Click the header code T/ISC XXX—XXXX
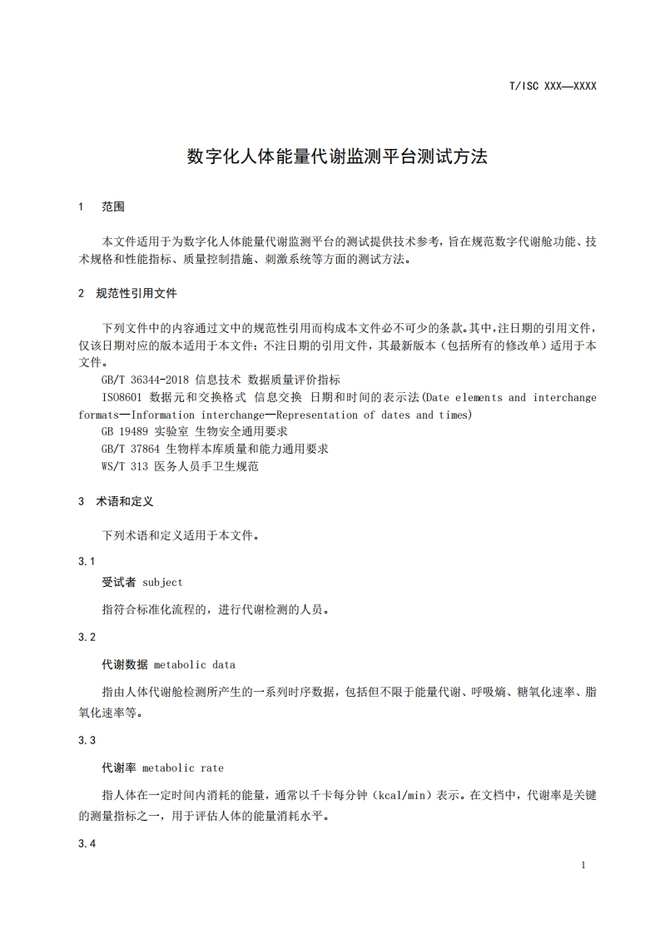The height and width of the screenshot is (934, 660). click(552, 86)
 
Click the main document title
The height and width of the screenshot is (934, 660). click(336, 156)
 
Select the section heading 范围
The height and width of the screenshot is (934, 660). click(113, 206)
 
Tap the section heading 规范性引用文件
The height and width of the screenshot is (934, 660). click(136, 293)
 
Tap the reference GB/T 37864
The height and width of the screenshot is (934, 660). click(131, 450)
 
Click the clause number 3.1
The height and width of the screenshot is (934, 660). click(87, 561)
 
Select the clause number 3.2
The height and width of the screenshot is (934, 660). click(87, 637)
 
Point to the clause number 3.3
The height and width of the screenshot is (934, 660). click(87, 740)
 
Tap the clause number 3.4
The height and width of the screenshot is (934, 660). click(87, 844)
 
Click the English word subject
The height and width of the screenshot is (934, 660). click(162, 582)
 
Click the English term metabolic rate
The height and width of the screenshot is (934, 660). click(182, 768)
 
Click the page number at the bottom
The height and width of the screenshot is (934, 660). click(583, 865)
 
